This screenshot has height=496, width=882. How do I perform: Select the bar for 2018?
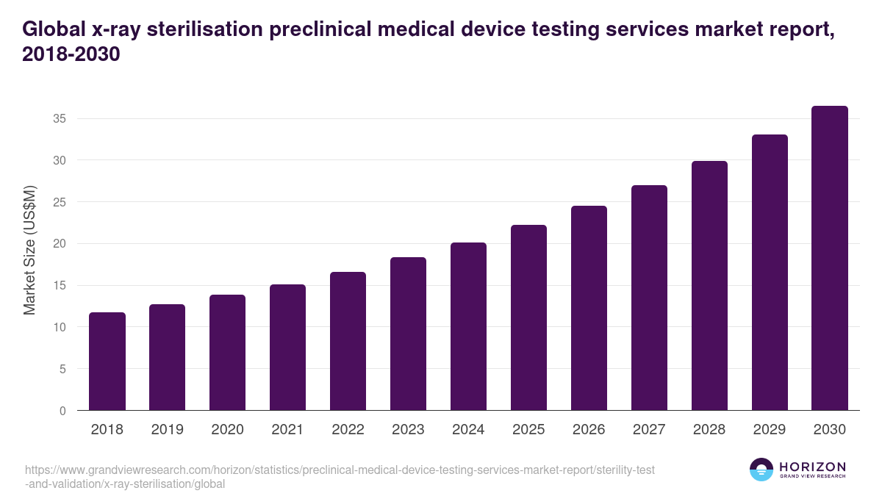click(107, 362)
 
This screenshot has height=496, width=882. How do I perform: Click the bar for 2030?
click(830, 259)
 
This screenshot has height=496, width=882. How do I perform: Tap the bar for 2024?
click(468, 326)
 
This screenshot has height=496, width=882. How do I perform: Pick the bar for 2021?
click(287, 348)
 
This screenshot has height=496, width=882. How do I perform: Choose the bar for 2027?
click(649, 298)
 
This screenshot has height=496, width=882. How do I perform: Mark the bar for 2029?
click(770, 273)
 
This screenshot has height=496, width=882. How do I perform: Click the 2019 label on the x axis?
click(168, 430)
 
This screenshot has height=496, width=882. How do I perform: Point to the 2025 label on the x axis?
click(528, 430)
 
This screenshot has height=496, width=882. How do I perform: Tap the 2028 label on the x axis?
click(709, 430)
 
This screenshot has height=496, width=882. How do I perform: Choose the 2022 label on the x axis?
click(348, 430)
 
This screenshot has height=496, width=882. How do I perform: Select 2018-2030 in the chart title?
click(71, 55)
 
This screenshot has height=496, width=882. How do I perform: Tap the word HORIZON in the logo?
click(813, 467)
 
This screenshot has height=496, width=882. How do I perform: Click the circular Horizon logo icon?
click(761, 470)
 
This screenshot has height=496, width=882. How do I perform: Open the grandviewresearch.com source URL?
click(339, 477)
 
